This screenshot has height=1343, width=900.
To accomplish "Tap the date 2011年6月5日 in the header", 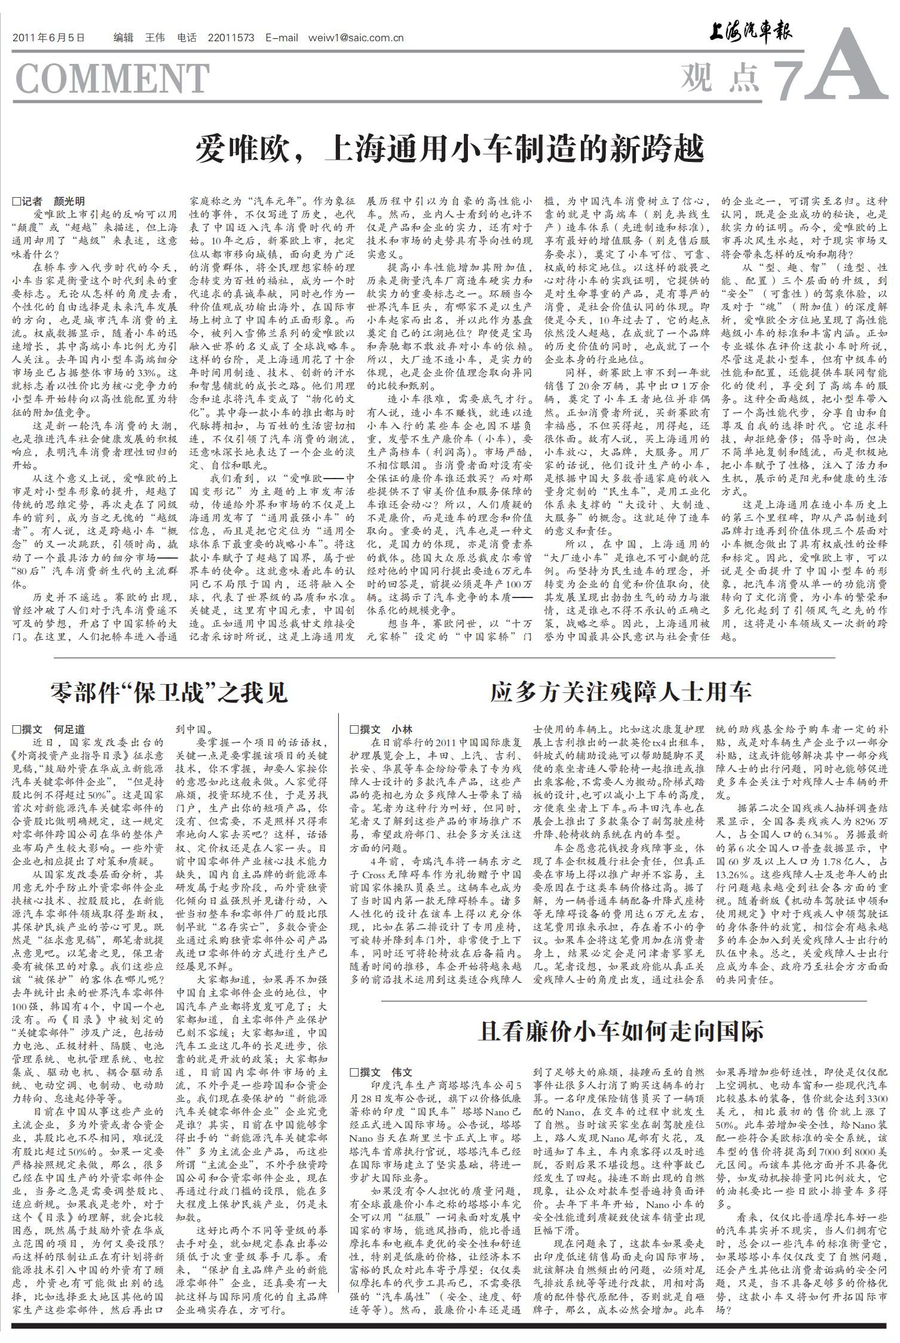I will point(48,38).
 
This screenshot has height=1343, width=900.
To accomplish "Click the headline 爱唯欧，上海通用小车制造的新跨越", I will point(449,150).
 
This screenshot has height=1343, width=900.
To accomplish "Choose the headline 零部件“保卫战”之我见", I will point(169,692).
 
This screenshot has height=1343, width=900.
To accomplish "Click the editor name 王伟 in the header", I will point(154,38).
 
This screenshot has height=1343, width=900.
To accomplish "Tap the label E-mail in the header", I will point(281,38).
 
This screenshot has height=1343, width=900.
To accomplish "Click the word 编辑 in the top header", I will point(123,38).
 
